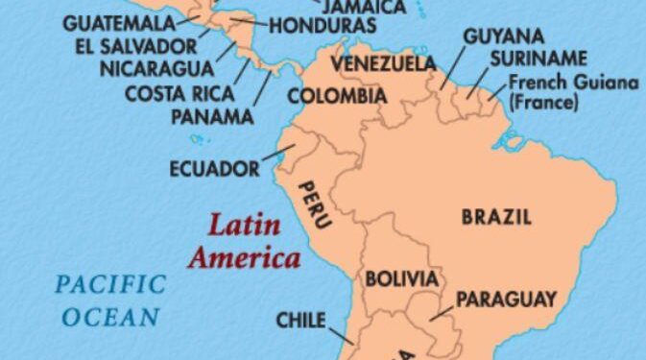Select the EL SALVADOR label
click(x=134, y=45)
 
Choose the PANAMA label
click(x=211, y=117)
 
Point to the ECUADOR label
click(x=214, y=169)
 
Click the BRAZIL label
click(x=496, y=217)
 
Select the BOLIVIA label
click(x=402, y=280)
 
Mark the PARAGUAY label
click(x=506, y=300)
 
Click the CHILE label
click(x=300, y=320)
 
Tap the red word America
click(x=244, y=257)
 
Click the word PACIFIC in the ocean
click(x=110, y=285)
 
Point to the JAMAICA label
click(x=365, y=7)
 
